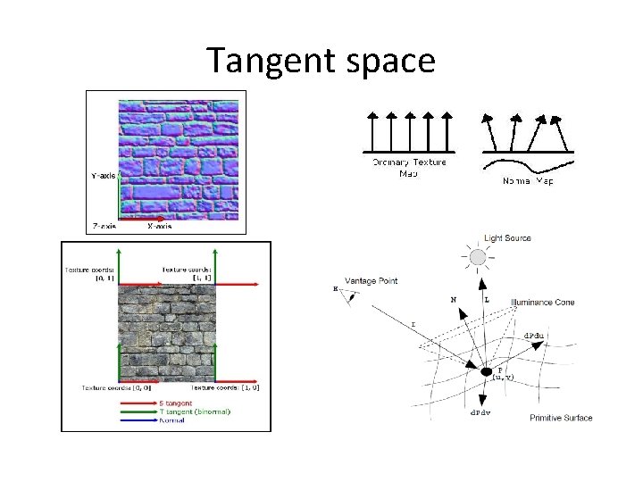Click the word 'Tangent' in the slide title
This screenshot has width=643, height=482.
[265, 61]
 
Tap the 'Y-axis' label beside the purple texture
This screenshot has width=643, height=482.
[104, 176]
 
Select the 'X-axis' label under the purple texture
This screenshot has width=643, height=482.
[161, 227]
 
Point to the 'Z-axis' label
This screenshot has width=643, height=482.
[104, 227]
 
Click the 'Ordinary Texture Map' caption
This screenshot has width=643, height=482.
[408, 167]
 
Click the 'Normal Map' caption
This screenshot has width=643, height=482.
[527, 181]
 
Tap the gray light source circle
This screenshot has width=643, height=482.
[478, 257]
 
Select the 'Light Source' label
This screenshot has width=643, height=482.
[507, 238]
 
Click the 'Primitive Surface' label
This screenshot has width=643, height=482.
[561, 418]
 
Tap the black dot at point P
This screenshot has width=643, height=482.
[487, 370]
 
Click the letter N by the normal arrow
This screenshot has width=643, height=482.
[454, 300]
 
